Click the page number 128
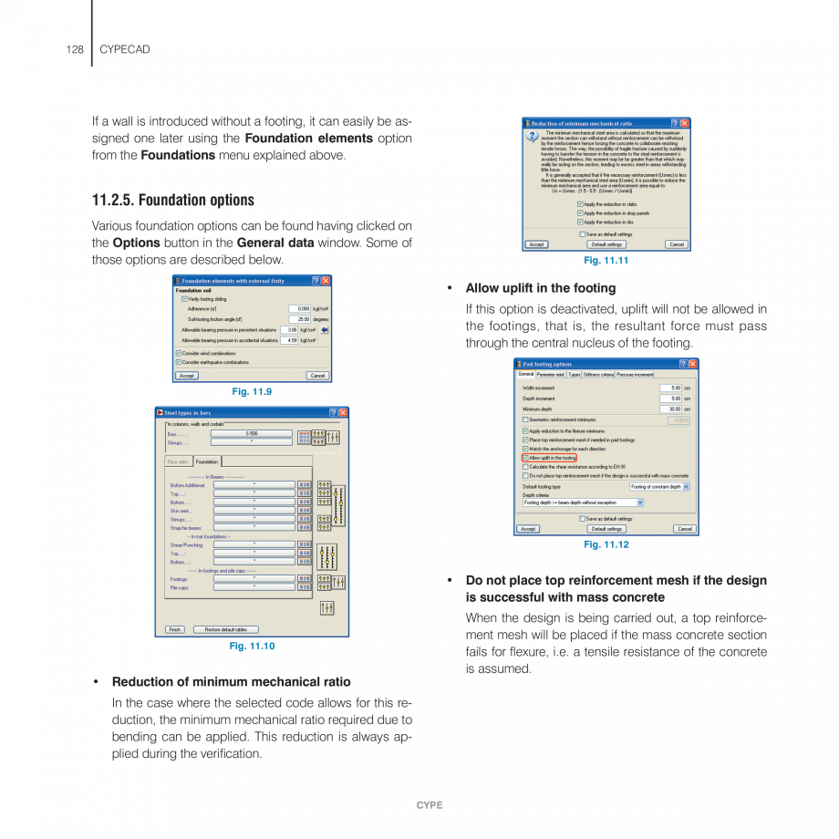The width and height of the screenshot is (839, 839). (x=75, y=49)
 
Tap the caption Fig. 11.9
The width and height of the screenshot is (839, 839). (x=252, y=391)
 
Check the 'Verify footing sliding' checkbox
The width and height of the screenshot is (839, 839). (x=184, y=299)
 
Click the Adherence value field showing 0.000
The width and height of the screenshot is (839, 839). (x=299, y=309)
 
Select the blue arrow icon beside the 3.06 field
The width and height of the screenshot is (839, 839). (x=324, y=330)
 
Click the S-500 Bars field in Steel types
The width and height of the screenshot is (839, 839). (x=252, y=434)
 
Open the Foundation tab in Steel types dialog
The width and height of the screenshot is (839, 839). (x=207, y=462)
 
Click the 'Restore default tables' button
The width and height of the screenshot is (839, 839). (x=225, y=629)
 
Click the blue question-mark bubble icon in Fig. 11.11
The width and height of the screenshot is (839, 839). (x=532, y=137)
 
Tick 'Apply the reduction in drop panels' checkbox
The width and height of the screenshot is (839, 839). (x=580, y=213)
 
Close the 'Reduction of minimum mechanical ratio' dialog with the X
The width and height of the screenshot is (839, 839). (x=685, y=123)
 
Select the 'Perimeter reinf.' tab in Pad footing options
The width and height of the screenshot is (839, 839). (x=551, y=374)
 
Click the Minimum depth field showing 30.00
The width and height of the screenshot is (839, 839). (x=670, y=409)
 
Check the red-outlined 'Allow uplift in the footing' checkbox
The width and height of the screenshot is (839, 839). (x=525, y=458)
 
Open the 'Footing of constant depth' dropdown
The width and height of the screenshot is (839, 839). (x=686, y=487)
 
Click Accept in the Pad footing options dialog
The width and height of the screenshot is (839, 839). (x=528, y=529)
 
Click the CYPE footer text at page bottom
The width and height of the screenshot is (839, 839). (x=429, y=805)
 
